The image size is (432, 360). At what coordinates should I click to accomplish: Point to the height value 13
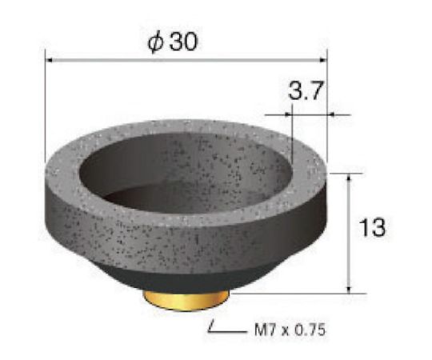tap(373, 228)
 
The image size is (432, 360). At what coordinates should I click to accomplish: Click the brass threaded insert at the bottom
tap(186, 298)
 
